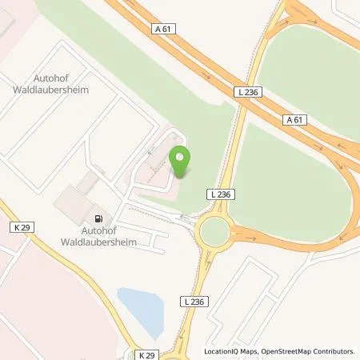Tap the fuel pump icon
pos(98,218)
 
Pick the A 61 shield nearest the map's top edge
pos(163,29)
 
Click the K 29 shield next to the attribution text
pos(146,354)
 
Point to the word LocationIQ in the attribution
pos(222,351)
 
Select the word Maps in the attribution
pos(252,351)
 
